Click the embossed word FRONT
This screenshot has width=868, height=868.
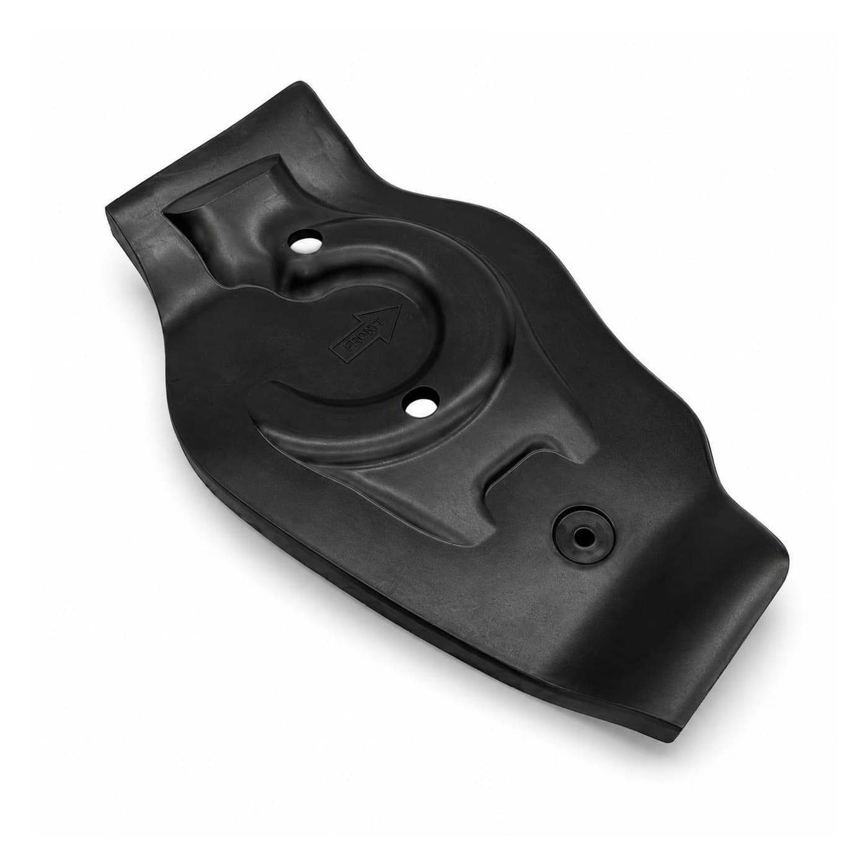pyautogui.click(x=363, y=335)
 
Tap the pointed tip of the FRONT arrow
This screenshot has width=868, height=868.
pyautogui.click(x=400, y=306)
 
